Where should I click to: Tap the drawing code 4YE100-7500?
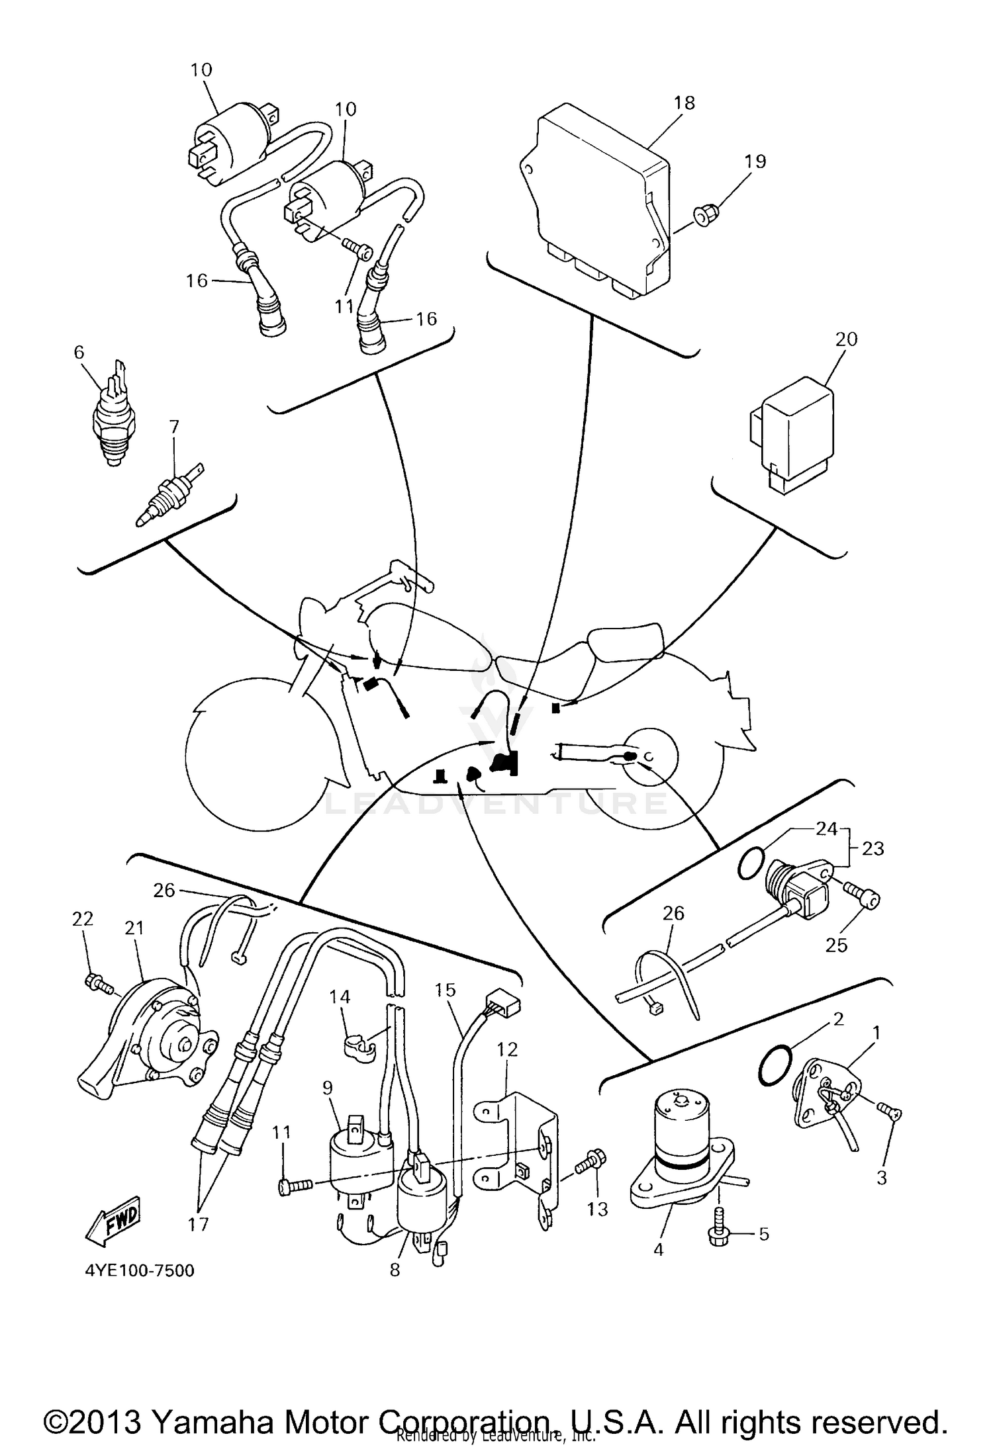[x=140, y=1270]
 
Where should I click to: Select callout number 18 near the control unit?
[x=685, y=103]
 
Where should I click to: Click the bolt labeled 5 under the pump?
[x=720, y=1233]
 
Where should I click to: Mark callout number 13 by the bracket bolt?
[x=597, y=1209]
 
